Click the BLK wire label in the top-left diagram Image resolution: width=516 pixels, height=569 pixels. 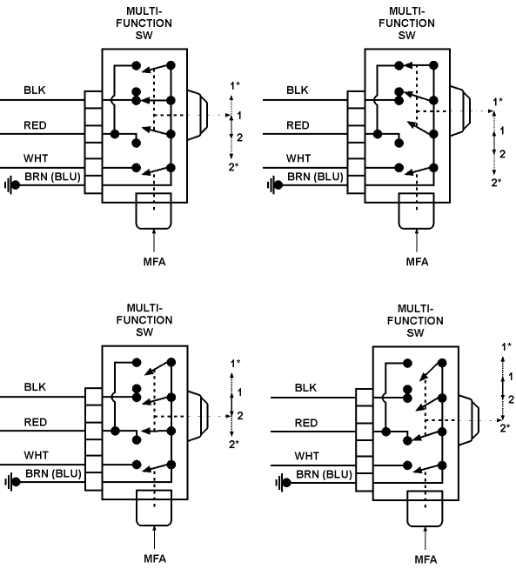point(35,90)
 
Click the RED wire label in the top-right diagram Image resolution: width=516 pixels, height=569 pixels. point(298,125)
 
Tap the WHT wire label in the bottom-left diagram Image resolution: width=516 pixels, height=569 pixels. point(36,455)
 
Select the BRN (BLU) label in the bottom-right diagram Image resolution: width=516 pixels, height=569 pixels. point(324,474)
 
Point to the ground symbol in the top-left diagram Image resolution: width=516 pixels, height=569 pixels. point(12,185)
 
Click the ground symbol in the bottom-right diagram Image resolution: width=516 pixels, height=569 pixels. point(283,483)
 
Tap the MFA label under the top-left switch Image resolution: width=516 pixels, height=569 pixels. point(154,262)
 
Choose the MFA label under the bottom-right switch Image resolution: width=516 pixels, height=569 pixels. point(426,559)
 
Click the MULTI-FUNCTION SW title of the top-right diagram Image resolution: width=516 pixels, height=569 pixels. point(406,23)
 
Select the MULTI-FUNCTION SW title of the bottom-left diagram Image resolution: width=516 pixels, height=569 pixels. point(144,320)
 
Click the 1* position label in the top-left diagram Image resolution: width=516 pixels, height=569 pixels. point(235,85)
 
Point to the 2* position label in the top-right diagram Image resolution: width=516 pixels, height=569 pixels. point(496,183)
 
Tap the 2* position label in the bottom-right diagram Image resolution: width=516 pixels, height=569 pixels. point(505,428)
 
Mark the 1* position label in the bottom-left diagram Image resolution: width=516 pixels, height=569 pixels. point(235,363)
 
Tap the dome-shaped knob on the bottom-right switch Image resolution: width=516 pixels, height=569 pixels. point(469,420)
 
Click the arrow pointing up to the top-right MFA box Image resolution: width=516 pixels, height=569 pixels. point(417,240)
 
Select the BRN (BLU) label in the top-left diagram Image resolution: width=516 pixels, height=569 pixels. point(52,177)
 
